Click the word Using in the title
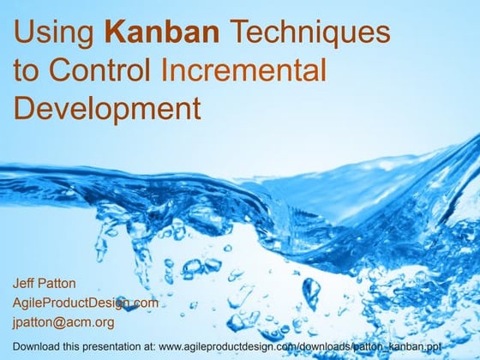(x=54, y=34)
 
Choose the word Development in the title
(x=107, y=109)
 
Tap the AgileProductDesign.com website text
(x=86, y=303)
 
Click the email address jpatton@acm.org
(x=64, y=322)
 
